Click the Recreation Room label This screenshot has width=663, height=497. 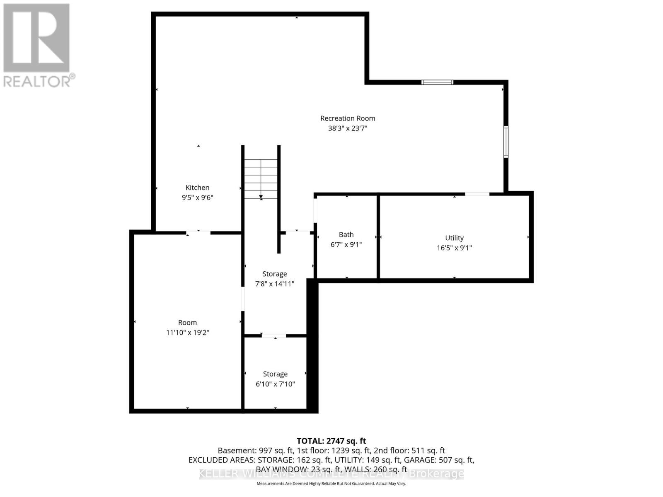(x=348, y=118)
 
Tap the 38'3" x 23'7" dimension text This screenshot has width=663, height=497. (x=348, y=128)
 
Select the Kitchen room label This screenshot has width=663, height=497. (x=197, y=188)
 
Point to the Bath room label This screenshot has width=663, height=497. (x=346, y=235)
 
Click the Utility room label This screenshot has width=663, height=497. (x=454, y=238)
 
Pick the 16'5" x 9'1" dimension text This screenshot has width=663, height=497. (x=454, y=248)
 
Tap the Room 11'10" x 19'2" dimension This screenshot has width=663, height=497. (x=187, y=333)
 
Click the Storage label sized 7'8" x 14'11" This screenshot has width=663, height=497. (x=274, y=274)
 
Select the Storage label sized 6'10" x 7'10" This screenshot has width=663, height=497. (x=275, y=374)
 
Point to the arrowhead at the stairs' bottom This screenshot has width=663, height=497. (x=261, y=198)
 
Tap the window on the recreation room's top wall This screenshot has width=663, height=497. (x=437, y=82)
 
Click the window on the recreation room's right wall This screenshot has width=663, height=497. (x=506, y=142)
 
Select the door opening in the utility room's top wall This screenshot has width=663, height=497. (x=477, y=194)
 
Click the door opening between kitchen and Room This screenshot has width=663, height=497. (x=198, y=233)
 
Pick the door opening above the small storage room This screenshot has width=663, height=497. (x=273, y=335)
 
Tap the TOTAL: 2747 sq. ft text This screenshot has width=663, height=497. (x=331, y=442)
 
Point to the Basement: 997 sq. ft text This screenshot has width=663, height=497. (x=256, y=451)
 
